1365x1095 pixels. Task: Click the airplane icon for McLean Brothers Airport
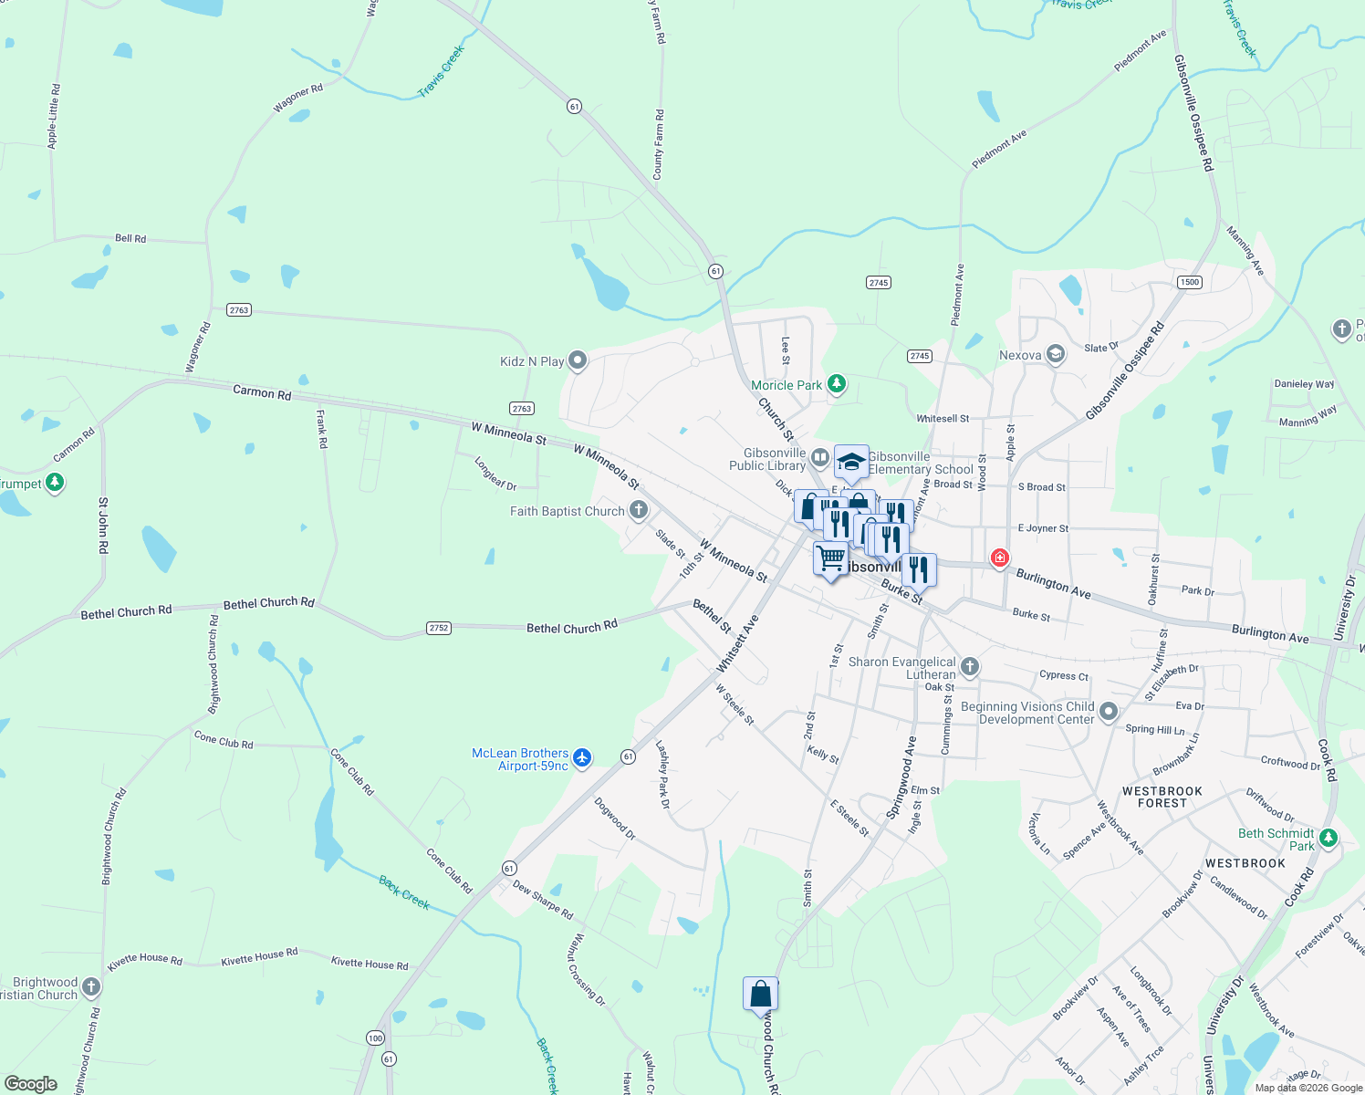click(582, 758)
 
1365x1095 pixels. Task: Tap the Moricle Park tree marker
click(837, 384)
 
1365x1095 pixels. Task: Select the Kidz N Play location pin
click(578, 360)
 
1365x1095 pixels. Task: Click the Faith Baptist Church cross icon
click(639, 510)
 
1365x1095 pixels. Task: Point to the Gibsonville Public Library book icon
click(819, 457)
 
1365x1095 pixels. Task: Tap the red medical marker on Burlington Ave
click(1000, 558)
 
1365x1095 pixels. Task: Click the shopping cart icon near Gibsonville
click(830, 557)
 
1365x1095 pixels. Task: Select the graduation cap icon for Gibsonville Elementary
click(851, 462)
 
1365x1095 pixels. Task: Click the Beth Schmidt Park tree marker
click(1329, 838)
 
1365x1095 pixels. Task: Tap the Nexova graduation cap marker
click(1056, 354)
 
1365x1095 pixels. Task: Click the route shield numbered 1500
click(1190, 282)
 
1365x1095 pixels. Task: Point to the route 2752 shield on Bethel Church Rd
click(439, 628)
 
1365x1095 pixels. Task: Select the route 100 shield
click(375, 1038)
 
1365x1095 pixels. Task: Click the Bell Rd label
click(130, 238)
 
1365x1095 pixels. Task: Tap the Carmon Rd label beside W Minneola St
click(262, 392)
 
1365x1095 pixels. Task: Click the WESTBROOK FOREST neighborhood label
click(1162, 798)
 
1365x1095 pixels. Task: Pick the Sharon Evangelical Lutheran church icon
click(970, 667)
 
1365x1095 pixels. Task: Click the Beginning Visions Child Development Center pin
click(1109, 712)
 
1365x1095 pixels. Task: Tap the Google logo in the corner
click(30, 1083)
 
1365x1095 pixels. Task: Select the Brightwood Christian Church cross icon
click(91, 986)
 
